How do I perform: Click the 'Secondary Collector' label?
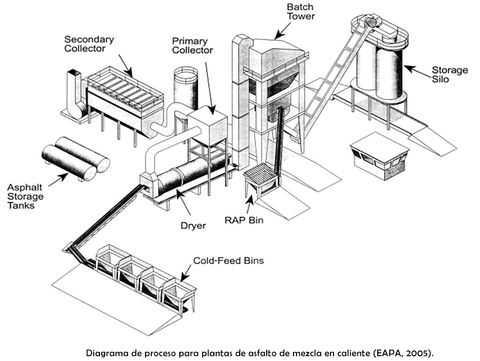pos(89,43)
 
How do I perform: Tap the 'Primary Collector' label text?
pos(192,45)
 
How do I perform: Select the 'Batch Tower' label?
pos(300,12)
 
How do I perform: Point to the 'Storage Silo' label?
pos(449,74)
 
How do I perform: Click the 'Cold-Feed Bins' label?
pos(228,261)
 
